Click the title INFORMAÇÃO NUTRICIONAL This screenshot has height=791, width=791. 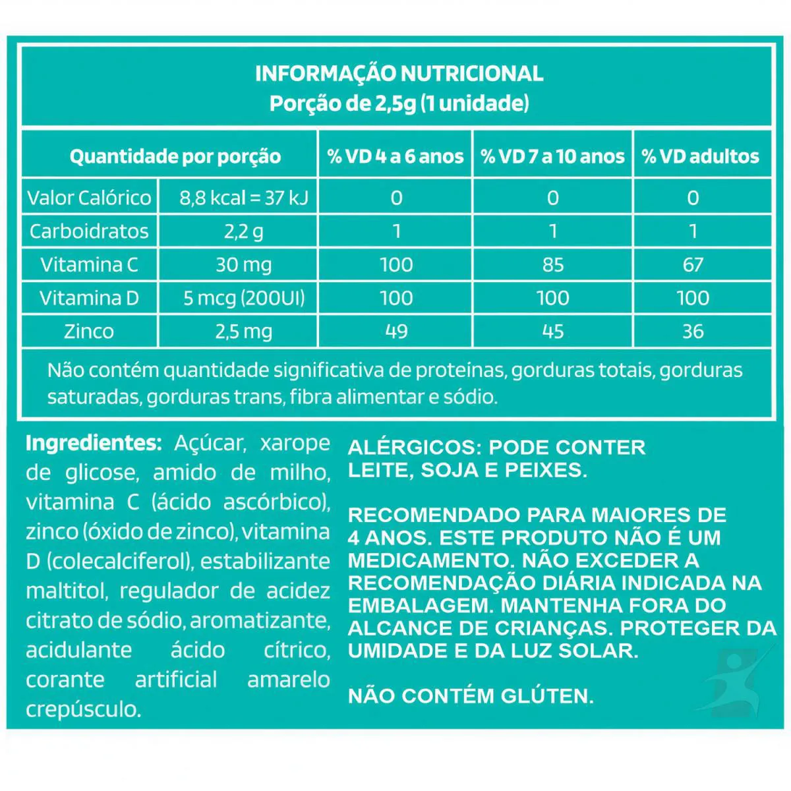[399, 73]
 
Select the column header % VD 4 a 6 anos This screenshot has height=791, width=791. [395, 156]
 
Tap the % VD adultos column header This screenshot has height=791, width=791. [701, 156]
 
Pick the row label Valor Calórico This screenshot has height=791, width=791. [89, 198]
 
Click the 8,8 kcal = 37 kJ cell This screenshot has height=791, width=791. [244, 198]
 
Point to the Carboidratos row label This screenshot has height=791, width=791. [89, 231]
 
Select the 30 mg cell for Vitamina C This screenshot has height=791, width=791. [244, 265]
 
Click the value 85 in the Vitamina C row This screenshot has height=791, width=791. [552, 265]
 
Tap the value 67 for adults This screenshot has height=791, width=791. [693, 265]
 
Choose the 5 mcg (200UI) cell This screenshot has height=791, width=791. [244, 299]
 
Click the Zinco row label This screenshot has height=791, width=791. [89, 332]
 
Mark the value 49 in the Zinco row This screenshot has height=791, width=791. [396, 332]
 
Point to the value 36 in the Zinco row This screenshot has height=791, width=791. [693, 332]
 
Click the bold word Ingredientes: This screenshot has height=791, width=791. [93, 443]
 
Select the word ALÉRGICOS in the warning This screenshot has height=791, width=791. [409, 448]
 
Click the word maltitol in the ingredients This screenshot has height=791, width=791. [65, 591]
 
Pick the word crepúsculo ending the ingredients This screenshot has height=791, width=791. [83, 710]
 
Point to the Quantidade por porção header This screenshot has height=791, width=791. [175, 157]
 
